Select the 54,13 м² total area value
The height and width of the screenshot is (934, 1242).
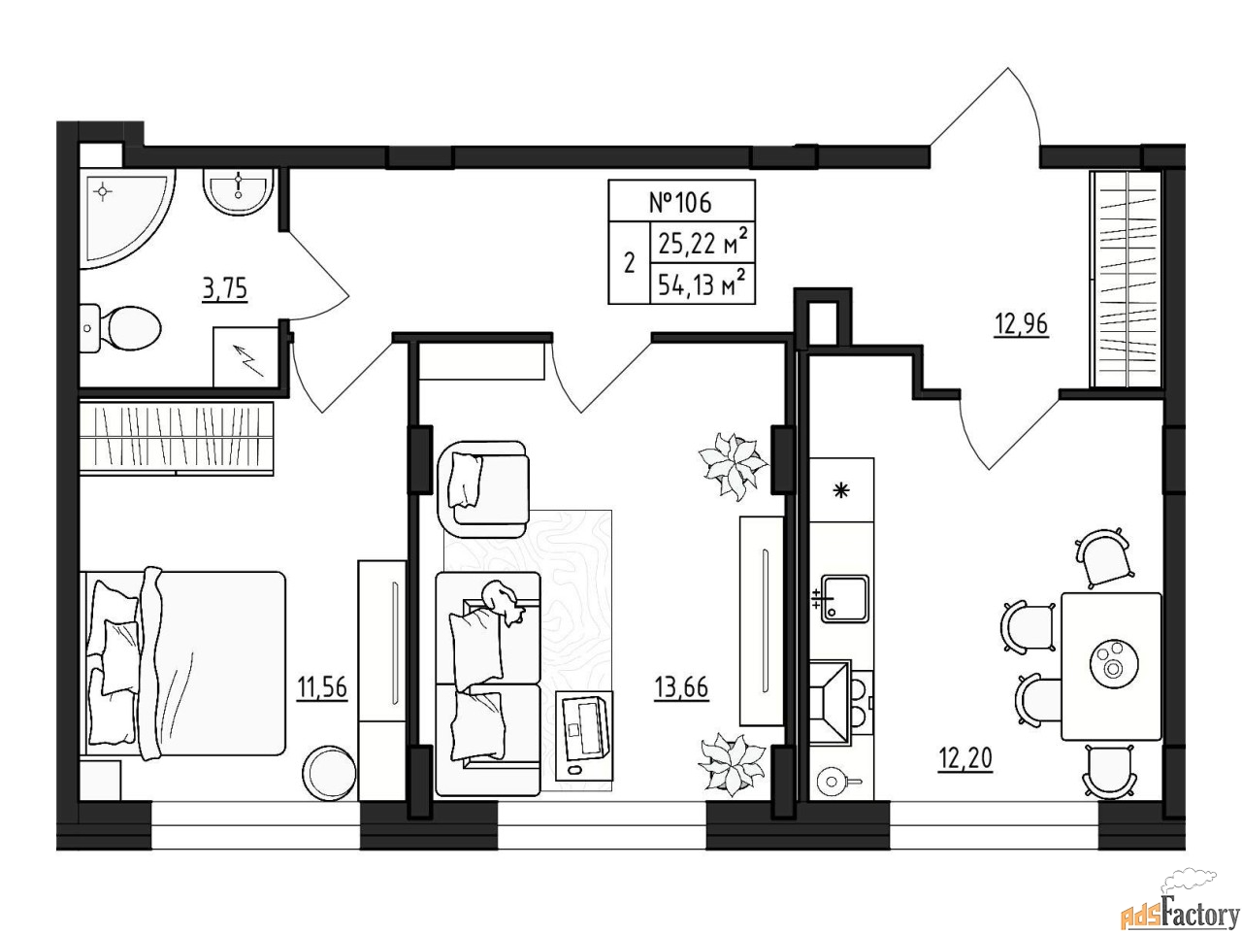point(703,284)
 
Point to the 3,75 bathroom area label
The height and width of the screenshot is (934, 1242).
point(225,289)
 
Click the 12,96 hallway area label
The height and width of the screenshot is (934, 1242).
point(1022,324)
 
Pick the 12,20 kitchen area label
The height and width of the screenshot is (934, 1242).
point(965,758)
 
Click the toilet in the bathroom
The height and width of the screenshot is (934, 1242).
point(120,328)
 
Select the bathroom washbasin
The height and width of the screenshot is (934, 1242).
point(239,191)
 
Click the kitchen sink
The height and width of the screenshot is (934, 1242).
point(843,599)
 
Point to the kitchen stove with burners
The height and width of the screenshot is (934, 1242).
point(841,702)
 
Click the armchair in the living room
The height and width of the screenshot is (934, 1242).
point(484,483)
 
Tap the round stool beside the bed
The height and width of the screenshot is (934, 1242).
point(329,773)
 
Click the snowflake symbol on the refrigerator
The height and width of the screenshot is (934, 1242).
point(842,490)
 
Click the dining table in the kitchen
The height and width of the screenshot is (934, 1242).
point(1111,666)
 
